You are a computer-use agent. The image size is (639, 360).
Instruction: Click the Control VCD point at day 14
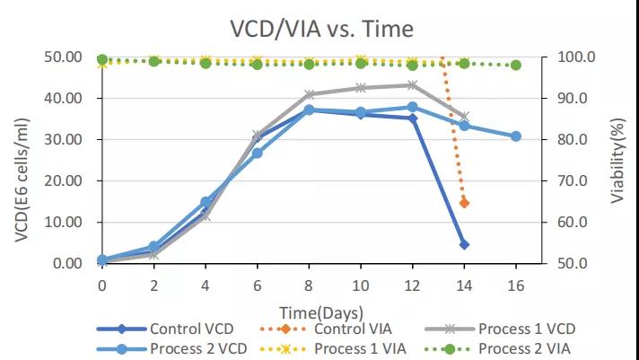464,244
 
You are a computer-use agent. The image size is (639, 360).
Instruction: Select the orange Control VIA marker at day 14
464,203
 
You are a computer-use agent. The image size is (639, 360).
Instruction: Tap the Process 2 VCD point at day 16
516,136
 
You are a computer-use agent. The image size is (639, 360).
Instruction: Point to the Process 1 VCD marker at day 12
412,85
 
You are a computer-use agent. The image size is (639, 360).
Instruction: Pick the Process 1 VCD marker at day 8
309,94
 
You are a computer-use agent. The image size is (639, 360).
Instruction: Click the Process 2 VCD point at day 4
206,202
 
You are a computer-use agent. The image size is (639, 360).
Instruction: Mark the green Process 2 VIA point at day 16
516,65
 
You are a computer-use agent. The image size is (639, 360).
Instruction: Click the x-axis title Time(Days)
320,312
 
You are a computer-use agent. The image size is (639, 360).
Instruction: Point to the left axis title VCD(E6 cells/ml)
21,160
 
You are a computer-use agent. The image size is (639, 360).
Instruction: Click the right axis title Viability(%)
618,160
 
